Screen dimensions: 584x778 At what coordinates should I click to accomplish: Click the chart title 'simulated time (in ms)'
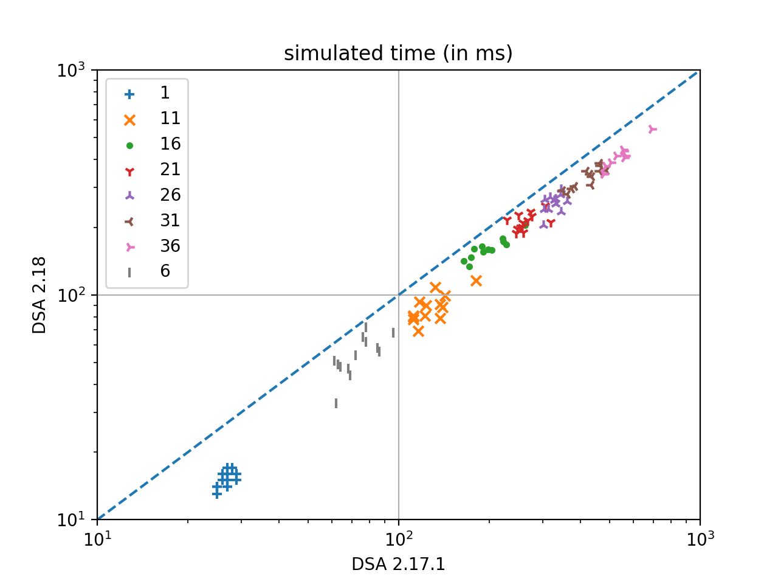398,54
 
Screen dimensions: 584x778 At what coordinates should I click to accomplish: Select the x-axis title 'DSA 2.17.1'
398,565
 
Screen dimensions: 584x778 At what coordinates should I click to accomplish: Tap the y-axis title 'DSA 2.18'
40,295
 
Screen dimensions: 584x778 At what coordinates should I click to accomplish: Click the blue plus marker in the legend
129,94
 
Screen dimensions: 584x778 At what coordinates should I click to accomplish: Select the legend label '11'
170,119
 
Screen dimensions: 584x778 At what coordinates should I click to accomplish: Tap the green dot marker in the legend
129,145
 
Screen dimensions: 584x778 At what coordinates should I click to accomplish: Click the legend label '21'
170,170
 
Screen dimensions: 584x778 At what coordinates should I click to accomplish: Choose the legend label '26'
170,195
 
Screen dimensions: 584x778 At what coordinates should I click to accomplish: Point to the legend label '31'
170,221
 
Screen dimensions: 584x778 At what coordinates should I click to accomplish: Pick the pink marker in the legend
129,247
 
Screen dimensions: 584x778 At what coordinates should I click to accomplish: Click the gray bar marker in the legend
129,273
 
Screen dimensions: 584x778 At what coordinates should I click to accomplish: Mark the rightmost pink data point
652,129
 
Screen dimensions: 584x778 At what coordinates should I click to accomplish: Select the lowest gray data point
336,403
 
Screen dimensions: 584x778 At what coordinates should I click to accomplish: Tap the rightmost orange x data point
477,280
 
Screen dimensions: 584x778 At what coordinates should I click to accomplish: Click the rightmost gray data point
393,333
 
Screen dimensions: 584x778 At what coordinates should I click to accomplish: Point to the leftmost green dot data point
464,262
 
